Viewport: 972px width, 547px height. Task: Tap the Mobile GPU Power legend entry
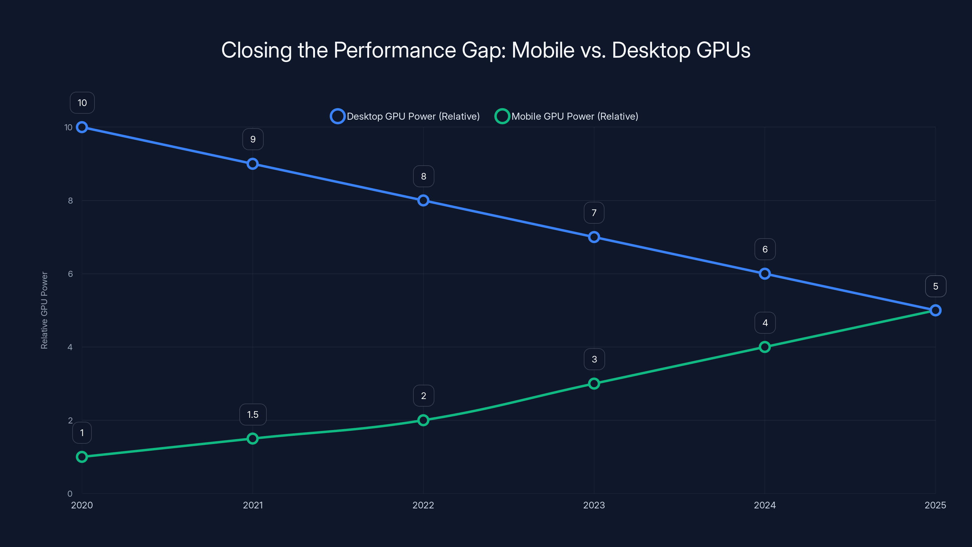click(x=566, y=116)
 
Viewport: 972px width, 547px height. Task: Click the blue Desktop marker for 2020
click(x=82, y=127)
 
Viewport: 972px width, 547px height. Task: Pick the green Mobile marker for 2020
click(x=82, y=457)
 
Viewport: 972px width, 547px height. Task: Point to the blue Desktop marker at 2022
click(x=423, y=201)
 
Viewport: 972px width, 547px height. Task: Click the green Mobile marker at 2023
click(x=594, y=384)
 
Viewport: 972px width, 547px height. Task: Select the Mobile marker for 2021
click(x=252, y=438)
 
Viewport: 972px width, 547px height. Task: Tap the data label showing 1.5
click(x=252, y=415)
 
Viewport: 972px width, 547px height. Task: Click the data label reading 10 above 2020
click(x=82, y=103)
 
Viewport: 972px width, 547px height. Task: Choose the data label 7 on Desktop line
click(x=594, y=213)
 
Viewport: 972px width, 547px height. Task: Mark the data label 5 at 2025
click(x=936, y=286)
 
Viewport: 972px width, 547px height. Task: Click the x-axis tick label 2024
click(x=765, y=505)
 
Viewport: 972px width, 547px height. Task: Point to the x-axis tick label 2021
click(x=252, y=505)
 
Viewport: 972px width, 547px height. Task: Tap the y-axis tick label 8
click(x=70, y=201)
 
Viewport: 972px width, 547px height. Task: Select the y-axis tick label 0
click(x=70, y=494)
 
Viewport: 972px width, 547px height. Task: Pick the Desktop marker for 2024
click(x=765, y=274)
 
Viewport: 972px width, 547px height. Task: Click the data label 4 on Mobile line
click(x=765, y=323)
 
